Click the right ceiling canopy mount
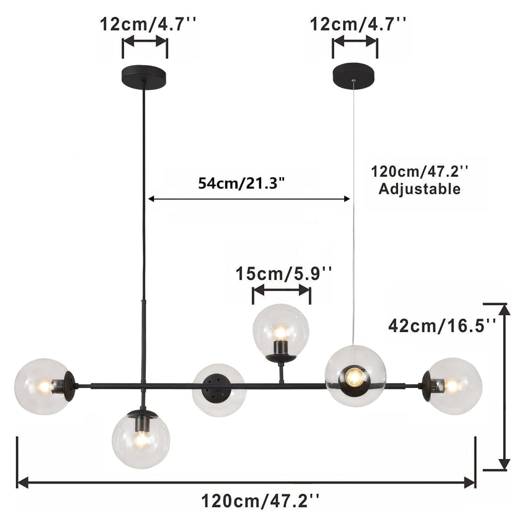[x=355, y=74]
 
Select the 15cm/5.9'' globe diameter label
[x=284, y=274]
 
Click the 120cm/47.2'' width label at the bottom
[x=260, y=501]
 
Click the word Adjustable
[x=419, y=189]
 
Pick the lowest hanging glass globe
[x=141, y=438]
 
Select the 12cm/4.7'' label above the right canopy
[x=359, y=24]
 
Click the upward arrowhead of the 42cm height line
[x=504, y=309]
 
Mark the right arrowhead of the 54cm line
[x=346, y=199]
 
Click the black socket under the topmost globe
[x=279, y=348]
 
